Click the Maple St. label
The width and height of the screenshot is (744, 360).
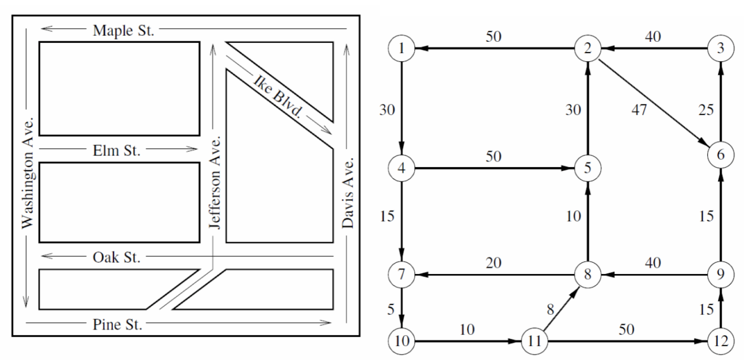123,30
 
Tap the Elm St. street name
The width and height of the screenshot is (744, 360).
116,151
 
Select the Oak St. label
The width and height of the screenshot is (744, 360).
116,258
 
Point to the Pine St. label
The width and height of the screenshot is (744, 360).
117,325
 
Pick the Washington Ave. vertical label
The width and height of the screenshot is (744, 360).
28,173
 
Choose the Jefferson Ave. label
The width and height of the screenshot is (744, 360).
215,182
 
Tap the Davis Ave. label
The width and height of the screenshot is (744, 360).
348,193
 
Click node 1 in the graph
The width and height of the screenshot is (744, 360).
401,49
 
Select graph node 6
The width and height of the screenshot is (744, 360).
721,155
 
